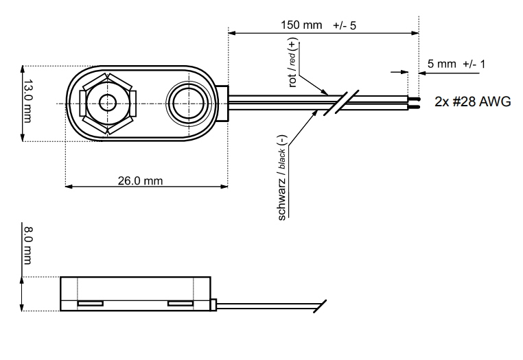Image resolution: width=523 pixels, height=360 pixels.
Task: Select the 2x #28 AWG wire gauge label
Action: (x=473, y=101)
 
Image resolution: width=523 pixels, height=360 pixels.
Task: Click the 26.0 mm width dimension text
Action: (x=140, y=181)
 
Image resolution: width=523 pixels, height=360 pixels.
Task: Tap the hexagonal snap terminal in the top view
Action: (x=108, y=104)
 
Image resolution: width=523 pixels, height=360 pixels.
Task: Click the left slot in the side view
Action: (x=89, y=302)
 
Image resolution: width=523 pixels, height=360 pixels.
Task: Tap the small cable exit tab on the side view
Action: (x=216, y=303)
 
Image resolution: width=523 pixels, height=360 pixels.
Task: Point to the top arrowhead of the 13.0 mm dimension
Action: (x=23, y=69)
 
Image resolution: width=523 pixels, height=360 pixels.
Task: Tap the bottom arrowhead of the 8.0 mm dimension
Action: (x=23, y=309)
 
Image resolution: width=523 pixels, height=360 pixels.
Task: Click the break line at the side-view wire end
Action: (x=321, y=306)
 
